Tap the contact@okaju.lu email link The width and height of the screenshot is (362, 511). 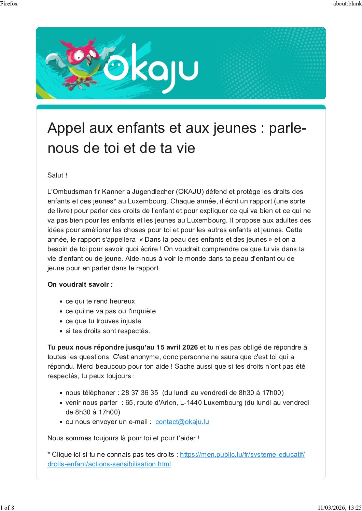pos(182,422)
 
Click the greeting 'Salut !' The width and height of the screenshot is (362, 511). pos(57,175)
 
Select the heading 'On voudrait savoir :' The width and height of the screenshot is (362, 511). pos(80,284)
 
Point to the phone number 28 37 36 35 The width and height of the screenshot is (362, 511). pos(140,393)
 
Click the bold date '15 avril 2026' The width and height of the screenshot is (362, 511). pos(177,347)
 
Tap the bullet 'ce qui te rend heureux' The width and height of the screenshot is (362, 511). pos(100,301)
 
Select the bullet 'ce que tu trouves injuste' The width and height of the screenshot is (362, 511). pos(103,321)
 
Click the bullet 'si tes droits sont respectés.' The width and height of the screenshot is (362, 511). pos(108,331)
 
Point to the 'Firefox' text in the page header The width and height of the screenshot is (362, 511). pos(9,3)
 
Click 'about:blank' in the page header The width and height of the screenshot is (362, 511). pos(347,3)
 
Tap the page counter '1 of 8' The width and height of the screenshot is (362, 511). pos(7,507)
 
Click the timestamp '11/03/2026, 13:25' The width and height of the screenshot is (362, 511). pos(339,507)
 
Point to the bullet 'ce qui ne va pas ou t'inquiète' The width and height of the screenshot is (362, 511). pos(111,311)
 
